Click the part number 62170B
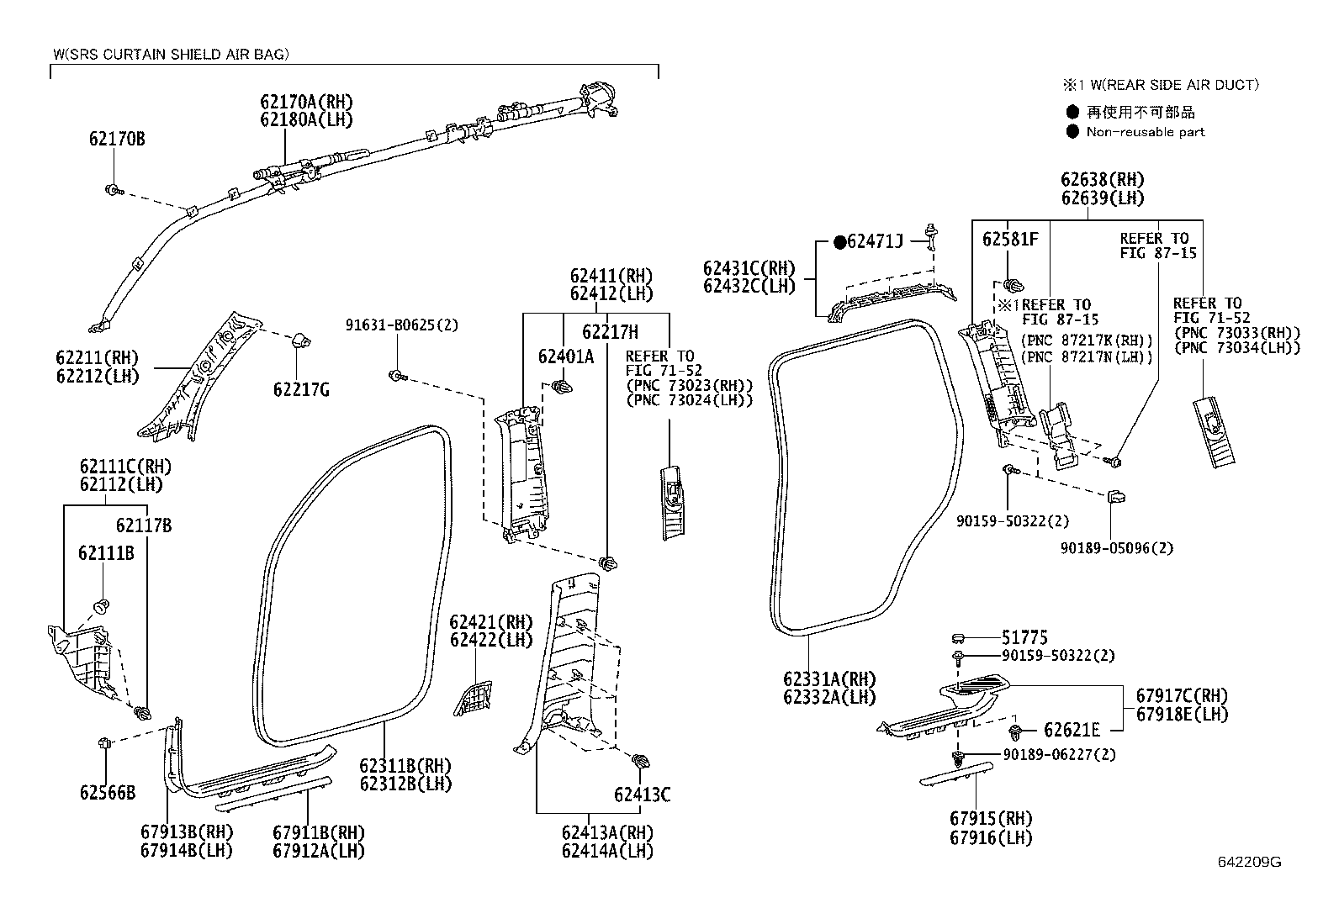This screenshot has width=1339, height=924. pyautogui.click(x=117, y=139)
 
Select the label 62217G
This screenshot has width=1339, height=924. pyautogui.click(x=301, y=389)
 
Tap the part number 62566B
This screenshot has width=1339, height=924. pyautogui.click(x=108, y=792)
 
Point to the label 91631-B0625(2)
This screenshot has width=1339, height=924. pyautogui.click(x=402, y=325)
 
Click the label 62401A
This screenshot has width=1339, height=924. pyautogui.click(x=566, y=356)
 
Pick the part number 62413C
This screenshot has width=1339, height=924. pyautogui.click(x=642, y=795)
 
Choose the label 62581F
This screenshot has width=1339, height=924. pyautogui.click(x=1010, y=239)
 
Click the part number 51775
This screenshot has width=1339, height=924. pyautogui.click(x=1024, y=638)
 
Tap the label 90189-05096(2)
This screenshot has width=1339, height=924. pyautogui.click(x=1116, y=547)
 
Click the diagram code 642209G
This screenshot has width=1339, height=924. pyautogui.click(x=1249, y=862)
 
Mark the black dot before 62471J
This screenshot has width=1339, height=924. pyautogui.click(x=839, y=242)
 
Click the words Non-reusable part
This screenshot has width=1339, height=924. pyautogui.click(x=1145, y=132)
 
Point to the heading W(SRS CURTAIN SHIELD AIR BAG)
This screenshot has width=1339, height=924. pyautogui.click(x=171, y=55)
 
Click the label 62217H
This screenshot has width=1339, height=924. pyautogui.click(x=610, y=331)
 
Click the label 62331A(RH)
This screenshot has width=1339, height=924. pyautogui.click(x=828, y=678)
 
